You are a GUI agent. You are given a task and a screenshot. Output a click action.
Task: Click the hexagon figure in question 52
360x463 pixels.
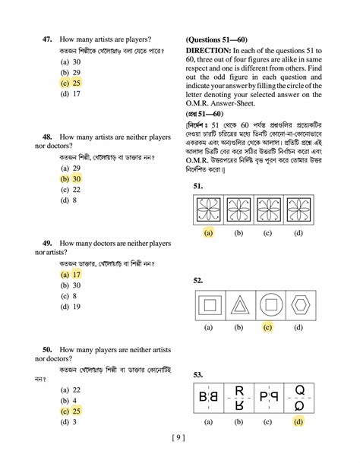click(x=298, y=306)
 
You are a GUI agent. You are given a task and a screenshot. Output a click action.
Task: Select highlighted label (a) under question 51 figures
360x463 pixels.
click(x=207, y=234)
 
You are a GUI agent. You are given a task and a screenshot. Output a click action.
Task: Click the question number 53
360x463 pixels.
click(x=198, y=374)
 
